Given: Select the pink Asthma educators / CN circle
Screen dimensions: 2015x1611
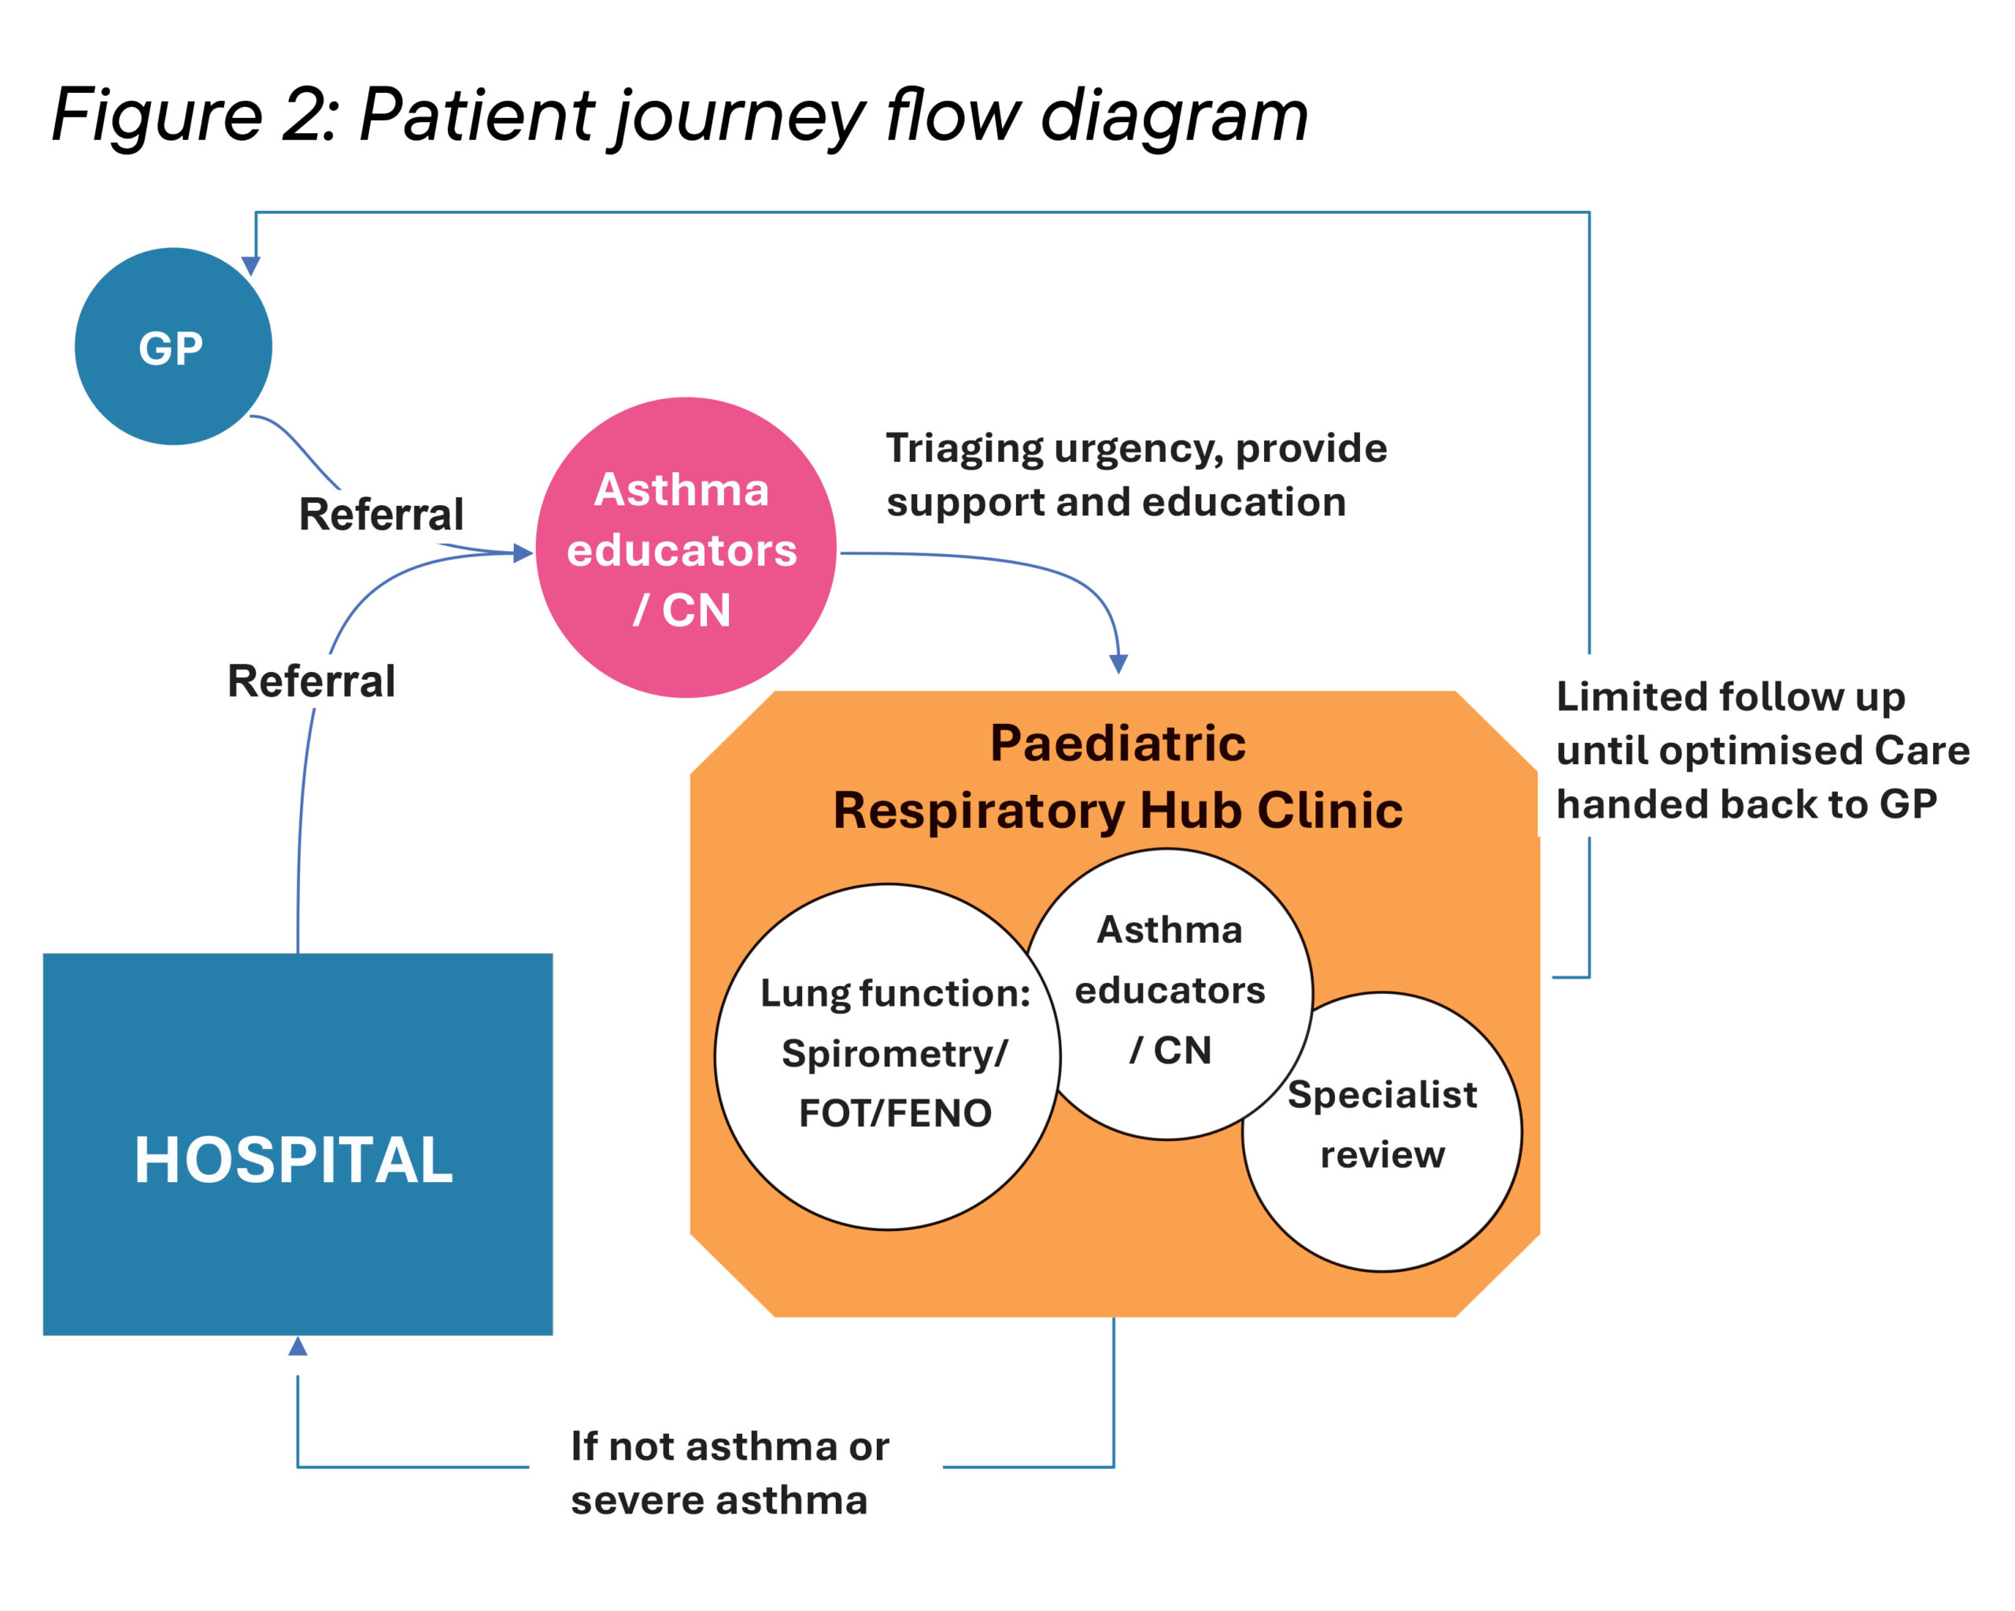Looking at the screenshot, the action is click(x=686, y=548).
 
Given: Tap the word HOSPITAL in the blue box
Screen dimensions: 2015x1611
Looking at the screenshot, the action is click(x=294, y=1160).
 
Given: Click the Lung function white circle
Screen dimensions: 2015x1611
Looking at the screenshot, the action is click(x=888, y=1057).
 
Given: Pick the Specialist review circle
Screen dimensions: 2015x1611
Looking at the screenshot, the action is click(x=1382, y=1132).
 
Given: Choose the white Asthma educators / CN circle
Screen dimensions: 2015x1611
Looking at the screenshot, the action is click(x=1168, y=993).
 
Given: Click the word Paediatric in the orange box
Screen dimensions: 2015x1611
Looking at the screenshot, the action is click(x=1118, y=744).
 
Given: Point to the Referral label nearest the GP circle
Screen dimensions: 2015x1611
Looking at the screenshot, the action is click(x=381, y=514).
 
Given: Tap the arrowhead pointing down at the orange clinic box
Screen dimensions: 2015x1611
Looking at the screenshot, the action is click(x=1118, y=664).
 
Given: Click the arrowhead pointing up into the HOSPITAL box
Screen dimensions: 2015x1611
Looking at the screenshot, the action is click(x=298, y=1346).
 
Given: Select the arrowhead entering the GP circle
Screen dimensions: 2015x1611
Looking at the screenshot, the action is click(x=251, y=266).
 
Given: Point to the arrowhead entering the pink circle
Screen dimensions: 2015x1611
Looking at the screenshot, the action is click(x=523, y=553).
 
